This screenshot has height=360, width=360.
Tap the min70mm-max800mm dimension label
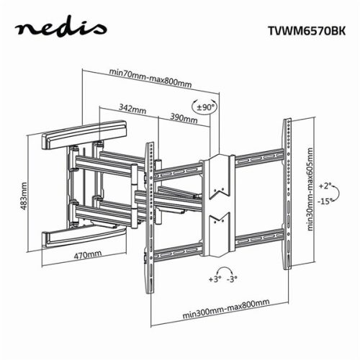point(150,73)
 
